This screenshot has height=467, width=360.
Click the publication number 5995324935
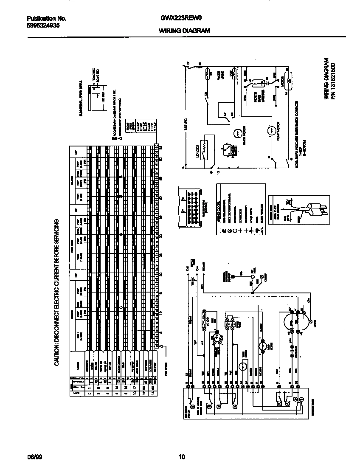[43, 25]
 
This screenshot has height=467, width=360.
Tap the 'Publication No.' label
[46, 19]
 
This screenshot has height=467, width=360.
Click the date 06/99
[34, 457]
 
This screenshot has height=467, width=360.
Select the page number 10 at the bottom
[181, 457]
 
